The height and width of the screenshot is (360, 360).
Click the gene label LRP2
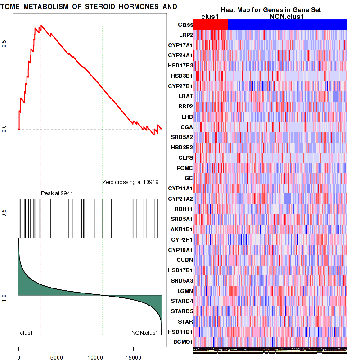(x=185, y=35)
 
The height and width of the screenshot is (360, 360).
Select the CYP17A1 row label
(x=180, y=45)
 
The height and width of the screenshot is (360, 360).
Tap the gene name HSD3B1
(x=182, y=76)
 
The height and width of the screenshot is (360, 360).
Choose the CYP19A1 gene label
(x=180, y=250)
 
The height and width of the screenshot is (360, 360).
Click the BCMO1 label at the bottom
(x=183, y=342)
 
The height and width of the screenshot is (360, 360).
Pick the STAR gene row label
(x=185, y=321)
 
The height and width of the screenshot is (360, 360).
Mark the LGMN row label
(x=184, y=291)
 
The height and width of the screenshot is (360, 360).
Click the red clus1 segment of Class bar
(x=210, y=24)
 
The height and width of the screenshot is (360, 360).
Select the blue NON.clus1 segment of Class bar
(x=287, y=24)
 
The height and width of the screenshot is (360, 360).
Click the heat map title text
(x=271, y=10)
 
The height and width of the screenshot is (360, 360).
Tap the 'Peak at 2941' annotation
(x=57, y=193)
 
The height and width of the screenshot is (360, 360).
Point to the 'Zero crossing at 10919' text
(x=130, y=182)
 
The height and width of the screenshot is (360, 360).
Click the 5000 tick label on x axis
(x=57, y=356)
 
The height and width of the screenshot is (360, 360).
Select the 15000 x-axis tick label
(x=133, y=356)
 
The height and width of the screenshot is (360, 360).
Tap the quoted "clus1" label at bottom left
(x=27, y=333)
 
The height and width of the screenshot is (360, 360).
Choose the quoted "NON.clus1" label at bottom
(x=145, y=333)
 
